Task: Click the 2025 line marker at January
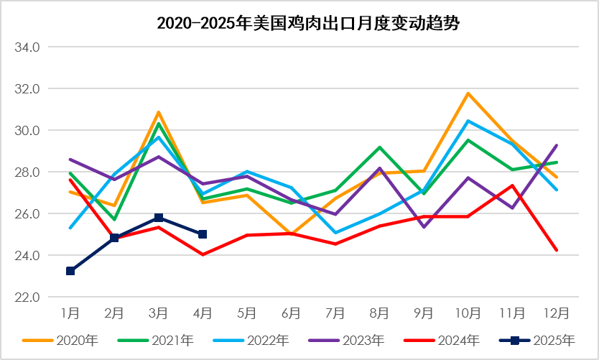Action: pos(70,271)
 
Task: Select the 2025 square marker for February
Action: pos(114,238)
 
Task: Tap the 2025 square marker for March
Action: pos(159,218)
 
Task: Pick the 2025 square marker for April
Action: pos(203,234)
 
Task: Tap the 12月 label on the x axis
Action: pos(557,313)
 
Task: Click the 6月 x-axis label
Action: pos(291,313)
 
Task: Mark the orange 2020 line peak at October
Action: pos(468,93)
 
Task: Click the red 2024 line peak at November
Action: pos(512,185)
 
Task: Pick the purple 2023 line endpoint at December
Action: pos(557,145)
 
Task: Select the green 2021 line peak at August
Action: pos(380,147)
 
